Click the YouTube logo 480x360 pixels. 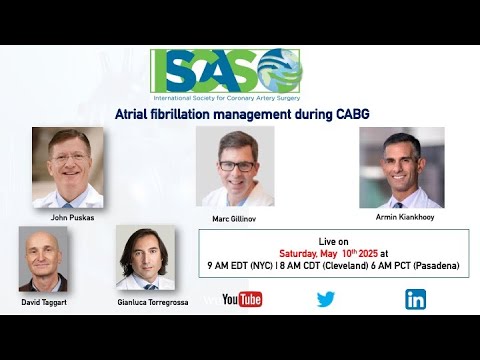(242, 299)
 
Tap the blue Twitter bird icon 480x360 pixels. (326, 299)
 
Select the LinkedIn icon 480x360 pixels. (415, 299)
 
